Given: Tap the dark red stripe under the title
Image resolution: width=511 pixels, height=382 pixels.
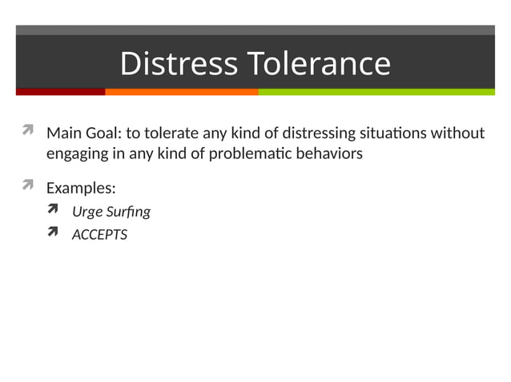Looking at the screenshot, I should point(60,92).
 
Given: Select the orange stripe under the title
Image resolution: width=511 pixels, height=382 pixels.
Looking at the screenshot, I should point(181,92).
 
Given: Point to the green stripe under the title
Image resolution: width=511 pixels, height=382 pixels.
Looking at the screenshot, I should point(376,92).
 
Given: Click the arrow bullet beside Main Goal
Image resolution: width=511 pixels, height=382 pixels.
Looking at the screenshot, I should point(27,130).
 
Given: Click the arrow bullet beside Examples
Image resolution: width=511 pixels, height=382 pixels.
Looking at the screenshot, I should point(27,186).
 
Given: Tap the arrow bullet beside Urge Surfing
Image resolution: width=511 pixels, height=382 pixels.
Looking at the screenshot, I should point(54,210).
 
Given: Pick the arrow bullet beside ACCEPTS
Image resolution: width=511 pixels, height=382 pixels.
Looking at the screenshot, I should point(54,233).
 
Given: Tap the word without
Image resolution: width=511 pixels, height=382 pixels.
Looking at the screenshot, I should point(457,133).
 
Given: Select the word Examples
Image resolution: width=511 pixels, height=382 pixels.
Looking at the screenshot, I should point(81,189).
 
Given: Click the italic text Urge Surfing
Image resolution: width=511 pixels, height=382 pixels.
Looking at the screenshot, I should point(111,212).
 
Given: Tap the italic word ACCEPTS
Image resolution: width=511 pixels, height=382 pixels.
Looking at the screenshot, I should point(99,235).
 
